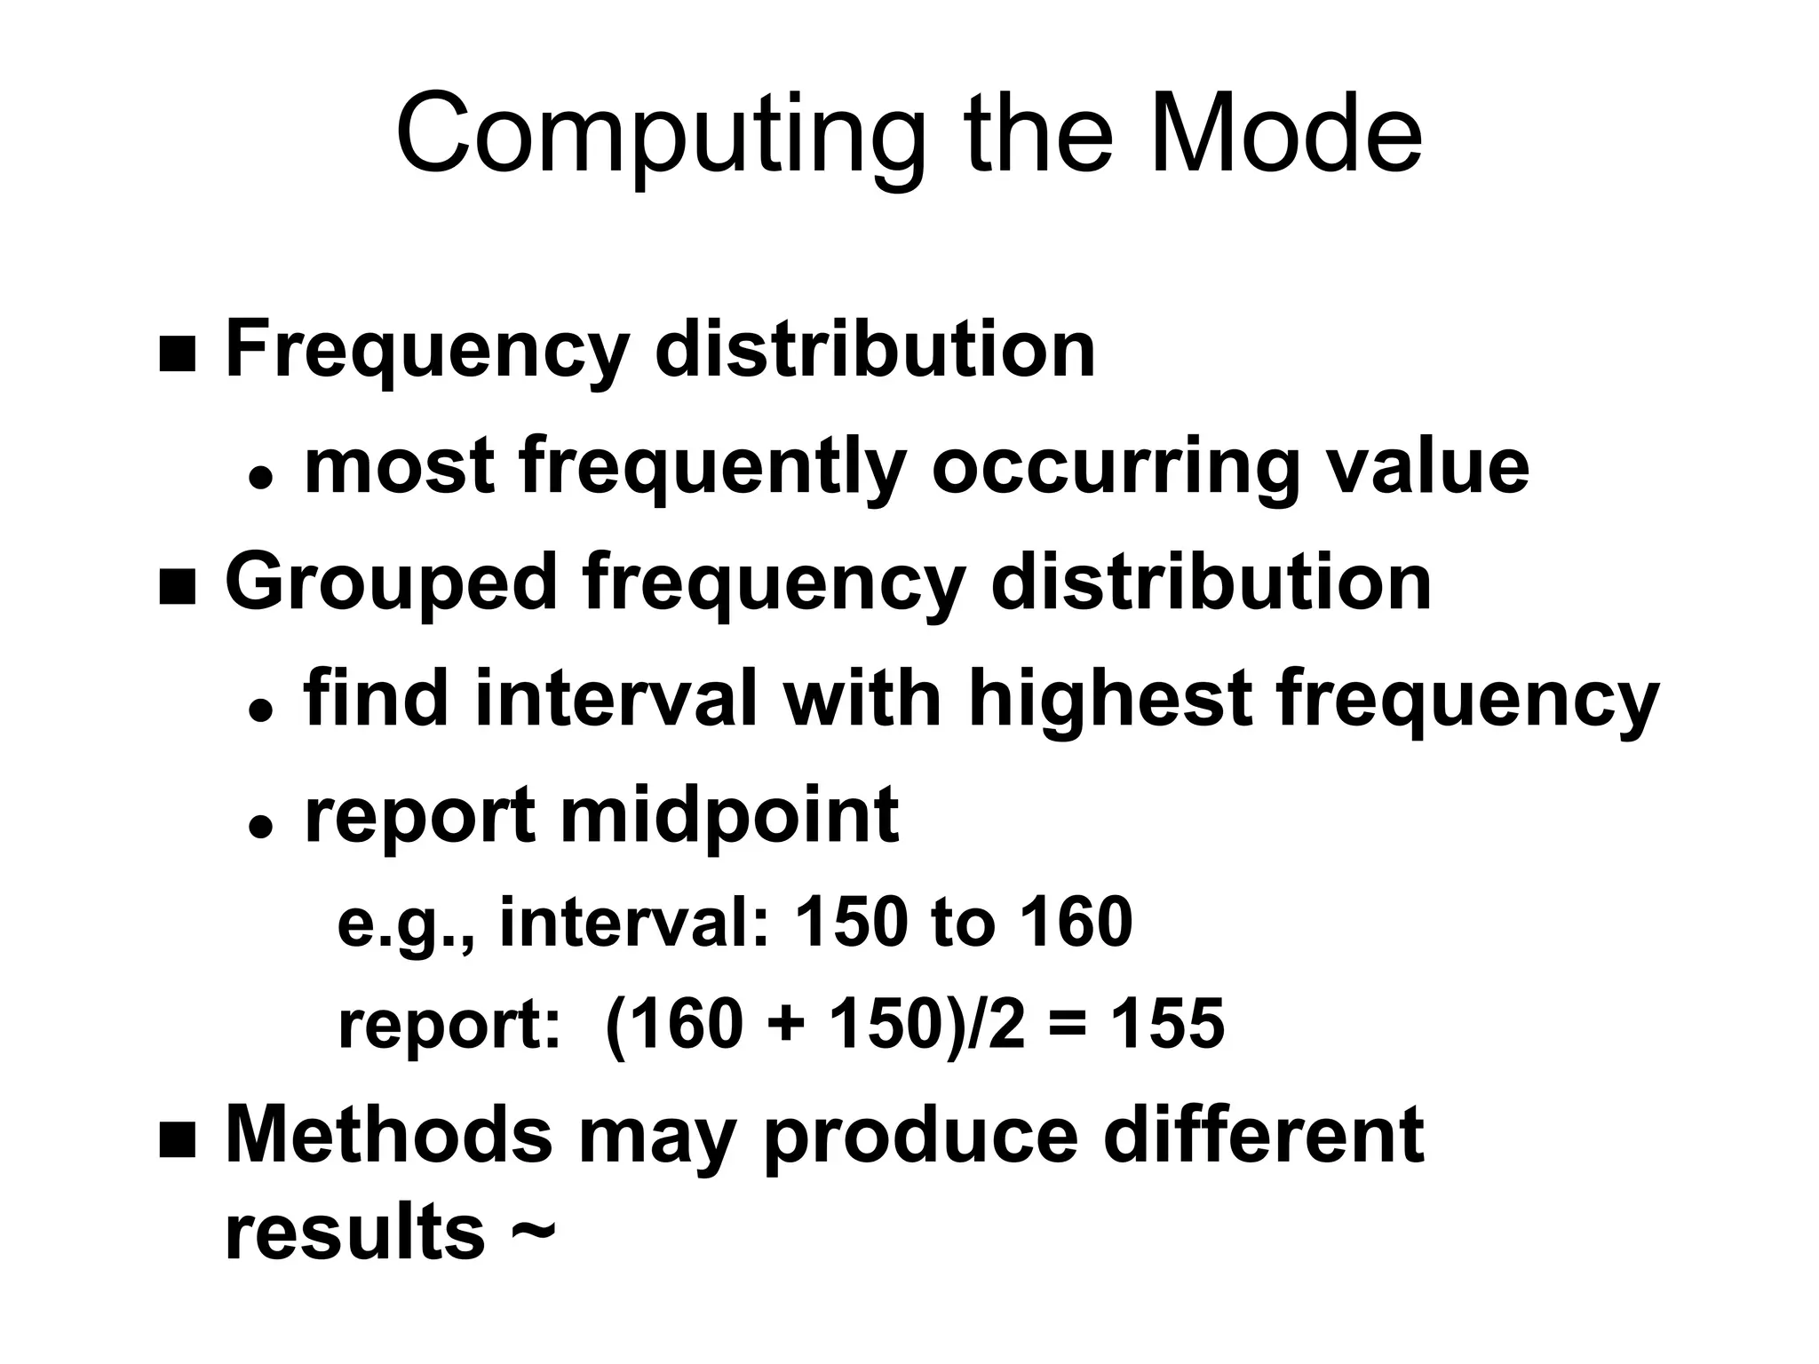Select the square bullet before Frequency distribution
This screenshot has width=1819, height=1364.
[x=177, y=355]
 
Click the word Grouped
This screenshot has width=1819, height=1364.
[x=391, y=584]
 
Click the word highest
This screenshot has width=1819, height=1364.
[x=1109, y=700]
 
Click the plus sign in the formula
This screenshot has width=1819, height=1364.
[x=785, y=1025]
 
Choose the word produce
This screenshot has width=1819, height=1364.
[x=920, y=1137]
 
